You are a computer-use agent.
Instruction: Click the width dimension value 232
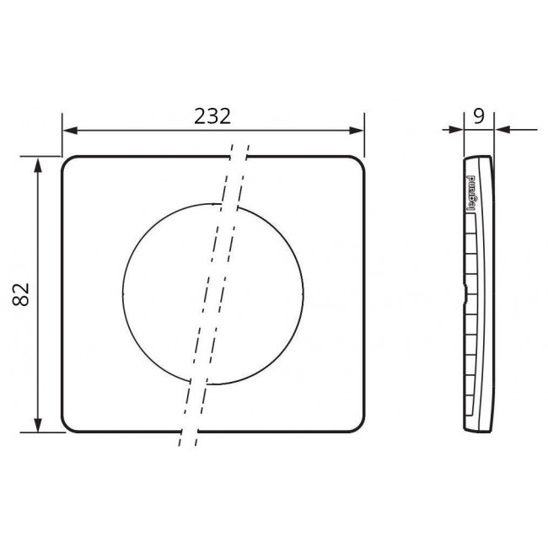[x=214, y=116]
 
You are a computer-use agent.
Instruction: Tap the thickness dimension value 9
[x=479, y=116]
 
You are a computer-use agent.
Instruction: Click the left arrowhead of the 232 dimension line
[x=69, y=131]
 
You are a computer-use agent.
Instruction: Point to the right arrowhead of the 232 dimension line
[x=357, y=131]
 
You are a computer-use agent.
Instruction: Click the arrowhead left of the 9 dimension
[x=459, y=130]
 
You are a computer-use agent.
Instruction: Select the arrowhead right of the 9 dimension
[x=500, y=130]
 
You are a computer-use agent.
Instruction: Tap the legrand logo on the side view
[x=471, y=191]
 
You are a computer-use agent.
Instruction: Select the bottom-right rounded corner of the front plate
[x=357, y=427]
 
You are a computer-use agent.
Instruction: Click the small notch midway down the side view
[x=465, y=294]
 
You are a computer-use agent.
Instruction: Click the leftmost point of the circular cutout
[x=122, y=292]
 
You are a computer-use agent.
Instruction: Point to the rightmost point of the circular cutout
[x=304, y=292]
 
